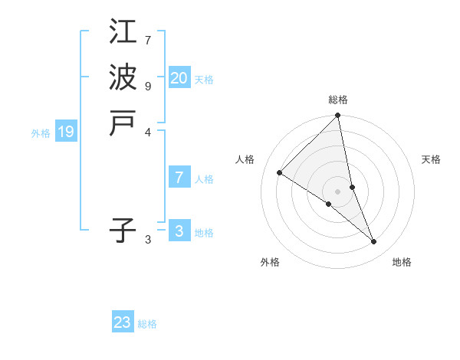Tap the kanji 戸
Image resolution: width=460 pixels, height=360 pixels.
123,123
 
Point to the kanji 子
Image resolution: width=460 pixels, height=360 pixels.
123,230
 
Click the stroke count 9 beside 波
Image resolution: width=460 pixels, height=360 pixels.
148,86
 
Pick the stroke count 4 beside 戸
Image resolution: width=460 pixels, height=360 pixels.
148,132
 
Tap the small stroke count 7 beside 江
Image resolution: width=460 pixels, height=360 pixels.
148,40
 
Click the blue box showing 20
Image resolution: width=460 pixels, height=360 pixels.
179,78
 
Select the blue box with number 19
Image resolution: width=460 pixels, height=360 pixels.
66,132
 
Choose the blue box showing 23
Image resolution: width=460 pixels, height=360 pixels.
123,322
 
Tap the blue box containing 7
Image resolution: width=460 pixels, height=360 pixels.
179,178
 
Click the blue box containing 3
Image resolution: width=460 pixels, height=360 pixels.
179,231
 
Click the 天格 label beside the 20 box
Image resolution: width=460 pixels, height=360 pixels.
204,80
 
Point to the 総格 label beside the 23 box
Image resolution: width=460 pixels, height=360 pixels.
148,324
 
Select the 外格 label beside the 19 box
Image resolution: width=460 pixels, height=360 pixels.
41,133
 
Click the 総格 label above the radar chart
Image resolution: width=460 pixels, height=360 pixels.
337,100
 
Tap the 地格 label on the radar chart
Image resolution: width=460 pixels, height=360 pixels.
402,262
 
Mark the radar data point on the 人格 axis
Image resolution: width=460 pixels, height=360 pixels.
280,173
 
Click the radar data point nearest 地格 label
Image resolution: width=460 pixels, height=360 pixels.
373,241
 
